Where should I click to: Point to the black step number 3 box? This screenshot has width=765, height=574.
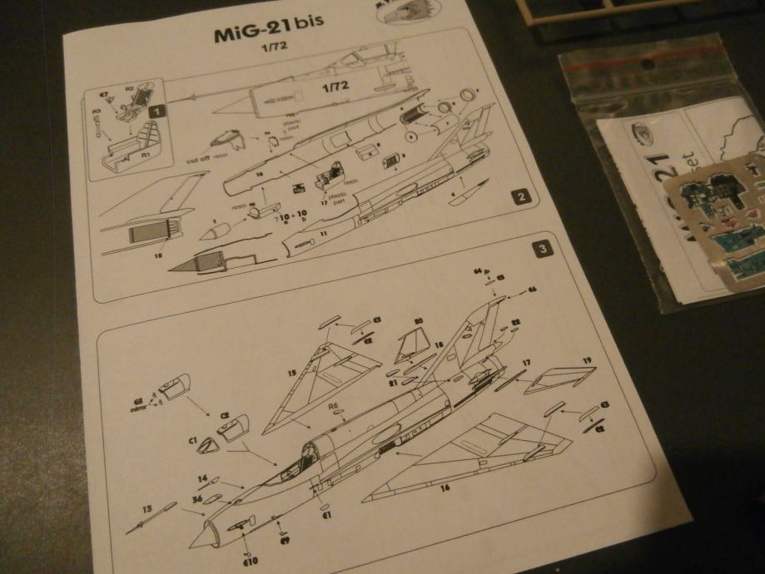coord(542,248)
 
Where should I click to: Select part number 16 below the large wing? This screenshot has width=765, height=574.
coord(445,487)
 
